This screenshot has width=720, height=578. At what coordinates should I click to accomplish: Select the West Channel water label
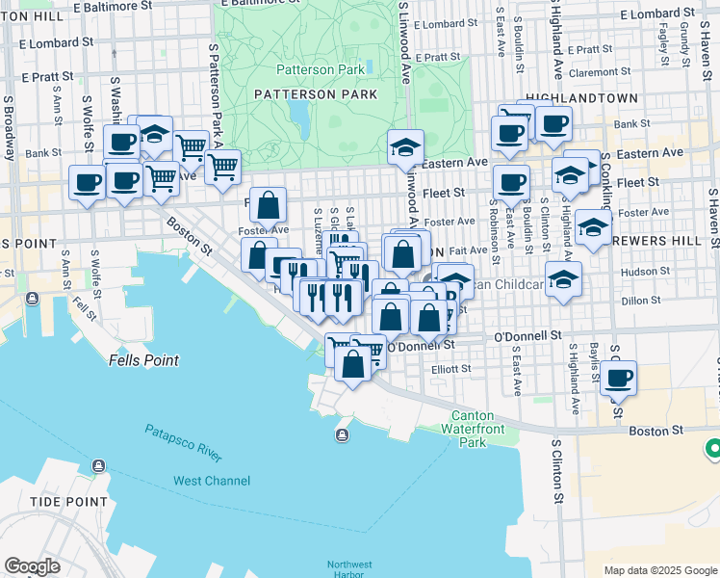click(212, 481)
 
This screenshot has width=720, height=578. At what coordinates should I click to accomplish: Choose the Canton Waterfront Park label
click(472, 430)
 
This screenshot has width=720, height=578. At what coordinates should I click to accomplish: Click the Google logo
click(32, 566)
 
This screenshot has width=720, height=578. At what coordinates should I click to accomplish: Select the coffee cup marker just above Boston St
click(619, 378)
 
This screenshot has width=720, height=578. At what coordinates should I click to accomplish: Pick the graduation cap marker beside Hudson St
click(563, 280)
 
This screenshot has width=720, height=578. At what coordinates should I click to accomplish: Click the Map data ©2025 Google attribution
click(659, 570)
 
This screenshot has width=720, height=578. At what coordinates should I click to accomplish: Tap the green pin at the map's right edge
click(713, 449)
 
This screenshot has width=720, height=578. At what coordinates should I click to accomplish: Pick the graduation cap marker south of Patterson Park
click(406, 148)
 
